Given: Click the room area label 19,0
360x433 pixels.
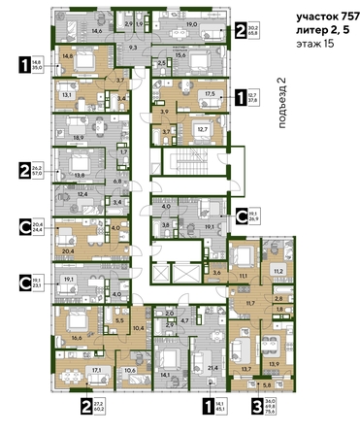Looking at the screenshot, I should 192,23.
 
